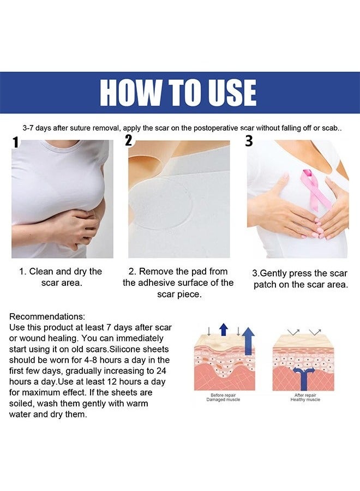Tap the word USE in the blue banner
pos(230,93)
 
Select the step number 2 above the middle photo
pos(129,140)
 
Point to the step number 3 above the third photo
pos(249,141)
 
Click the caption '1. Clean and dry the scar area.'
pos(61,277)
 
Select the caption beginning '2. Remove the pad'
pos(178,283)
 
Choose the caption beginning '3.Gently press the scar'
pos(301,279)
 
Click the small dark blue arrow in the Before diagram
pos(223,330)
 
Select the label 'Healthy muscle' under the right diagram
pos(305,400)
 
